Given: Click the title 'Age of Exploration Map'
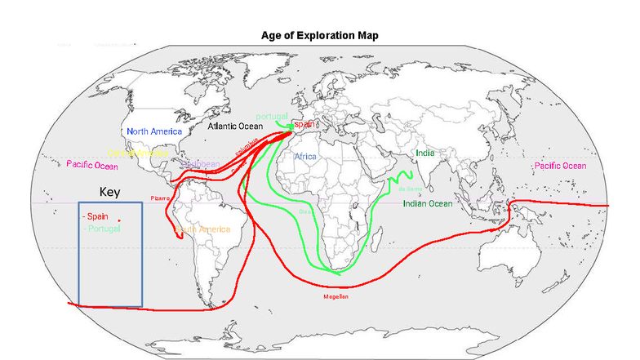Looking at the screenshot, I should [x=319, y=35].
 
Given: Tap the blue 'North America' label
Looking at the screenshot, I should [x=154, y=131].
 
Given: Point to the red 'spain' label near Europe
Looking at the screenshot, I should [x=304, y=123].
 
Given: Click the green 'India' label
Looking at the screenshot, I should [x=424, y=153].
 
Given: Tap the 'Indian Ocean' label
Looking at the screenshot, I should [x=427, y=203].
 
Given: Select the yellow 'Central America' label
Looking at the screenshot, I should [x=139, y=153].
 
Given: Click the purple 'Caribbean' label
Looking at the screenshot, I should [x=201, y=163].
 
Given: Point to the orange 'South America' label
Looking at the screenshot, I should [x=204, y=229].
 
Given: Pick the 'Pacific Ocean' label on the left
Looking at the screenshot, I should [x=92, y=165].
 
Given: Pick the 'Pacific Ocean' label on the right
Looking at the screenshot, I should [x=560, y=166].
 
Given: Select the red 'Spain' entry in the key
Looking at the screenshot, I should [x=95, y=216].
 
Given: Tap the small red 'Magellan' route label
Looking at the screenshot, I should [x=336, y=296].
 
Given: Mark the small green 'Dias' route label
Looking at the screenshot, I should [x=305, y=211].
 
